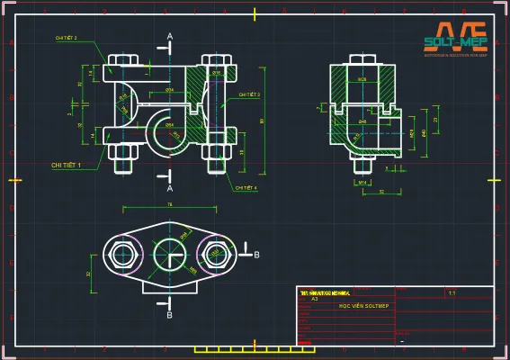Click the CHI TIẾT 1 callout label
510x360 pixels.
[x=67, y=166]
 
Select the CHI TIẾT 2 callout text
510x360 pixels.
[x=66, y=39]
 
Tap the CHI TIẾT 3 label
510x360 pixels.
[x=249, y=94]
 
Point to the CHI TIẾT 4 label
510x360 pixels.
[x=246, y=188]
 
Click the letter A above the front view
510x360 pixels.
[x=170, y=37]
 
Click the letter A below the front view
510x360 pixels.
[x=170, y=188]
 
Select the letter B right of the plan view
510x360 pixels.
[x=256, y=256]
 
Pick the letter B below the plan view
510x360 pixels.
[x=170, y=315]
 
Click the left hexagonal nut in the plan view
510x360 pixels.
[x=122, y=255]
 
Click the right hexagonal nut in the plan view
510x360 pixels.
[x=217, y=255]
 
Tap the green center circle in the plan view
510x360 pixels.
[x=170, y=255]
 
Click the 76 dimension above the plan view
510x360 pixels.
[x=170, y=205]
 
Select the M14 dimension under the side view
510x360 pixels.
[x=363, y=182]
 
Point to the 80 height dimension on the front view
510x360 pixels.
[x=262, y=120]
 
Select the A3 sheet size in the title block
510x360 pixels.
[x=315, y=298]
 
